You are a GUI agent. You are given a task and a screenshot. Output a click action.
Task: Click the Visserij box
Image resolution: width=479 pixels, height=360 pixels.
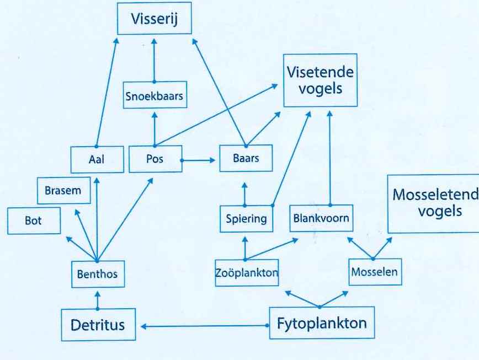point(154,20)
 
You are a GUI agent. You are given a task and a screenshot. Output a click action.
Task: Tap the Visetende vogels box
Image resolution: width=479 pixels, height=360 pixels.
point(320,80)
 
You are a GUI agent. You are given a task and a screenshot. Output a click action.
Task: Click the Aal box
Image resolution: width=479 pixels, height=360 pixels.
point(97,159)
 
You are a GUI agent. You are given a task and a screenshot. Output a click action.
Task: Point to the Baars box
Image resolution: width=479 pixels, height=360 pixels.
point(246,159)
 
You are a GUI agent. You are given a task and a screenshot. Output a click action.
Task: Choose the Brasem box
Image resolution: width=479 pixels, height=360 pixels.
point(62,191)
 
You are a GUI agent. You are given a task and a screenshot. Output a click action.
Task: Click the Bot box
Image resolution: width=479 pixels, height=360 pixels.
point(34,221)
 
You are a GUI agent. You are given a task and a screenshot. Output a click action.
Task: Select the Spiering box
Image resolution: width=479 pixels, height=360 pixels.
point(246,218)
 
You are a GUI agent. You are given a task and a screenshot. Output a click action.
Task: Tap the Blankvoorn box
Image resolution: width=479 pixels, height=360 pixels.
point(320,218)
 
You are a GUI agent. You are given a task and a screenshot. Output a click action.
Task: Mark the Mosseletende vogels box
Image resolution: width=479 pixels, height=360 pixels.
point(433,203)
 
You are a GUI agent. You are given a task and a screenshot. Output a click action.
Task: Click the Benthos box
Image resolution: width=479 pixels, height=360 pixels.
point(97,273)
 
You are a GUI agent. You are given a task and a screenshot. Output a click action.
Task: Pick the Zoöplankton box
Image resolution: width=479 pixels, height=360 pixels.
point(246,272)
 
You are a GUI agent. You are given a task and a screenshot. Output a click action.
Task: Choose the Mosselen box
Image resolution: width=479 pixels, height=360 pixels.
point(374,272)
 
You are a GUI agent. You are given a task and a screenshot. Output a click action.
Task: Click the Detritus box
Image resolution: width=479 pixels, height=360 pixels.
point(98,325)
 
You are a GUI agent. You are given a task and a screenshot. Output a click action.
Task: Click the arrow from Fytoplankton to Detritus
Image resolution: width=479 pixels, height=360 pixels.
point(204,326)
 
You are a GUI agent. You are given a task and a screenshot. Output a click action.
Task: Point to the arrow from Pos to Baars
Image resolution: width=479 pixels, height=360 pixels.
point(198,160)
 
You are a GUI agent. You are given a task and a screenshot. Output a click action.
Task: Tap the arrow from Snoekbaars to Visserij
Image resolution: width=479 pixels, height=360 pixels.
point(154,60)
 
